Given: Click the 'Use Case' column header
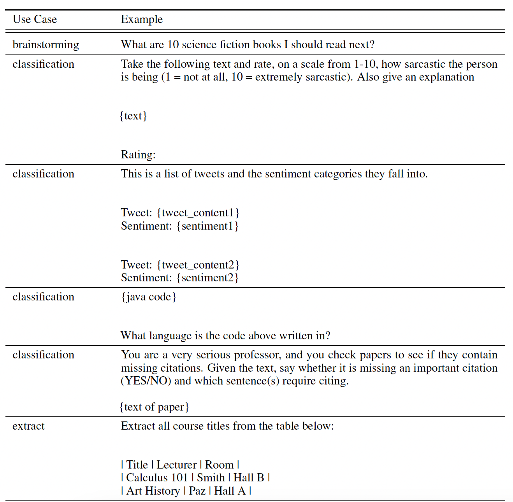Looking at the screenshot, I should click(x=35, y=19).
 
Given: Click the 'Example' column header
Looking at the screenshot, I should click(x=142, y=19).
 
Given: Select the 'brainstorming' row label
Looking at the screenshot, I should click(x=46, y=45).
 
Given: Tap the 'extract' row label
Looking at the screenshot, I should click(x=28, y=426).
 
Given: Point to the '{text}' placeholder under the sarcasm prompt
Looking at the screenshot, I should click(x=133, y=116).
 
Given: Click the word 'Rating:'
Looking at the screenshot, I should click(x=138, y=155).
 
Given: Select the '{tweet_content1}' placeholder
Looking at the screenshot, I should click(x=198, y=213).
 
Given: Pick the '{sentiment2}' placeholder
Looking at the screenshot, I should click(x=207, y=278).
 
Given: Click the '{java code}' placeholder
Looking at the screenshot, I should click(x=149, y=297).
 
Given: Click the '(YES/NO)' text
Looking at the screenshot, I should click(x=146, y=381).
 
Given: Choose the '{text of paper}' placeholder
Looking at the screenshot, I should click(x=154, y=407).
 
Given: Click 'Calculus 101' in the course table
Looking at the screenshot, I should click(x=157, y=478).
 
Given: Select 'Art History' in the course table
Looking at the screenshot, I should click(x=153, y=491).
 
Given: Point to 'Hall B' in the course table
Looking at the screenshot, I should click(x=249, y=478).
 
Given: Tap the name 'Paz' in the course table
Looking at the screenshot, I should click(x=197, y=491).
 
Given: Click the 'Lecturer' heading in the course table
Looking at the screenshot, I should click(x=176, y=465).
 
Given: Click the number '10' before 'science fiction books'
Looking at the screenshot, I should click(x=173, y=45).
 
